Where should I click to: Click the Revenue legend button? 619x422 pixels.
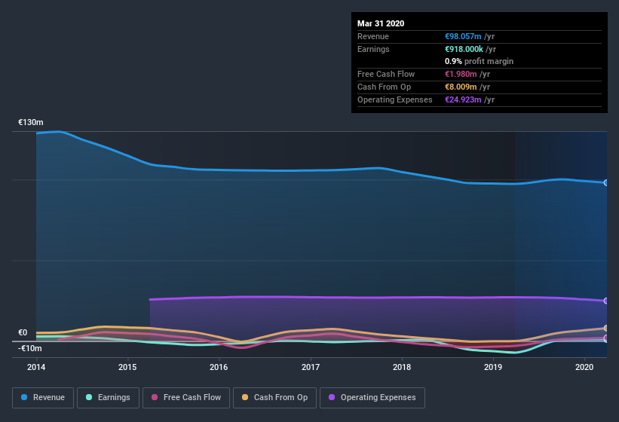(43, 397)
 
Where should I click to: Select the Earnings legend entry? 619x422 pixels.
(108, 397)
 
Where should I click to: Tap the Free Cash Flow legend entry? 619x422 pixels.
(187, 397)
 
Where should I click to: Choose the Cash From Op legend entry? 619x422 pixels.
(274, 397)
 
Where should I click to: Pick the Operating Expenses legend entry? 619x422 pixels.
(372, 397)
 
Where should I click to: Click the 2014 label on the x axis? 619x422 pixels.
(36, 367)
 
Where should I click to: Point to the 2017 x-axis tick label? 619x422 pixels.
(310, 367)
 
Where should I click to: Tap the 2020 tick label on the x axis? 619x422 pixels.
(584, 367)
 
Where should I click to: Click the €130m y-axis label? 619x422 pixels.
(31, 122)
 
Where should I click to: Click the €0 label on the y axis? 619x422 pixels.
(23, 332)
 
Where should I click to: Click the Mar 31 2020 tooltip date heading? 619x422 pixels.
(381, 23)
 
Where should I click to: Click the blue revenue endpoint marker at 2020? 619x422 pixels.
(605, 182)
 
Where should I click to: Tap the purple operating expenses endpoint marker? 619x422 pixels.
(605, 301)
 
